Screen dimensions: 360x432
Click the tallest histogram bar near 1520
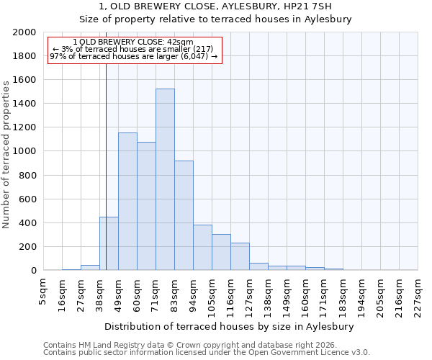point(165,179)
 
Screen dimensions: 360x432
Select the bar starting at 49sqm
point(127,202)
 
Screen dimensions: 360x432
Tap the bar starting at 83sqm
point(184,215)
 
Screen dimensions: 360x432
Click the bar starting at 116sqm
point(240,256)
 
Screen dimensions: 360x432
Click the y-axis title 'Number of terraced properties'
point(6,154)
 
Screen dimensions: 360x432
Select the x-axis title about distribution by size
point(234,326)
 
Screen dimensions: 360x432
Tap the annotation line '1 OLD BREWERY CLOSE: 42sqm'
point(133,42)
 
